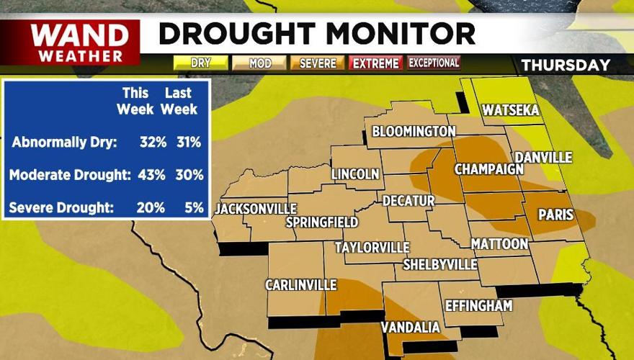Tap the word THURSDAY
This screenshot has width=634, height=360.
566,65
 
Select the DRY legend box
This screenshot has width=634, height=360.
200,63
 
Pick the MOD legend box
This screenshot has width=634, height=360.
259,63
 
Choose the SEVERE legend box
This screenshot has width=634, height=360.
318,63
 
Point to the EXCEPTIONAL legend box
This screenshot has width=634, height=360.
434,63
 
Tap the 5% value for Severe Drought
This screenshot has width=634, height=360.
191,208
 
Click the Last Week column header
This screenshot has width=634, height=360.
179,101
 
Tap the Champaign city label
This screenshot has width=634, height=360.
488,169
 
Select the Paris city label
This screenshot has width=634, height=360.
555,215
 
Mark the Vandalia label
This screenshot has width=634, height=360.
410,328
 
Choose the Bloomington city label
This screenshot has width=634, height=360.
414,131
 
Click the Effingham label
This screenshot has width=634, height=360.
478,305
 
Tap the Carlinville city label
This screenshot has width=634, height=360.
300,285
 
